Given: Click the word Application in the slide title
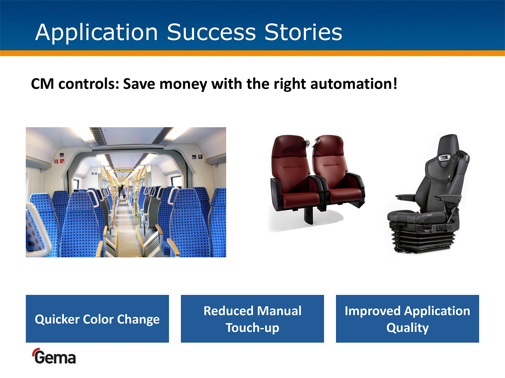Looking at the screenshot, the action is coord(96,33).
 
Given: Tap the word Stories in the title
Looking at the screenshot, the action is coord(303,32).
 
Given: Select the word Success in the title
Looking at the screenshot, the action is coord(211,32).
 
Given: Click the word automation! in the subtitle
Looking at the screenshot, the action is coord(353,84).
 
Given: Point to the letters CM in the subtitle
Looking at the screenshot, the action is coord(43,84).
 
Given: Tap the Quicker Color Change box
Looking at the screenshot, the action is coord(97,319).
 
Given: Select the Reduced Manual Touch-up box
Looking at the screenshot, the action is coord(252,319).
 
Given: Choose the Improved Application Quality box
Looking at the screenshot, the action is coord(408,319).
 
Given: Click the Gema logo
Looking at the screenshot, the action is coord(54,356).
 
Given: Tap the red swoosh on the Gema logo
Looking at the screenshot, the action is coord(36,352).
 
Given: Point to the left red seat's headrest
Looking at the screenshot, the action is coord(289,147).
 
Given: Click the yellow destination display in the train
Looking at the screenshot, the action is coord(124,171).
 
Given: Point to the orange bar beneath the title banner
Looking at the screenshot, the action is coord(252,53).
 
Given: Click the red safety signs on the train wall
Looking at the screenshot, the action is coord(59,161).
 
